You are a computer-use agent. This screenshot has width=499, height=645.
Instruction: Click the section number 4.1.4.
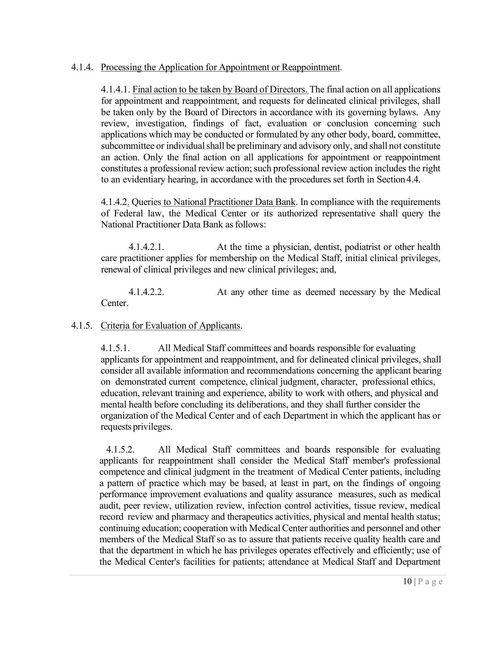pos(82,67)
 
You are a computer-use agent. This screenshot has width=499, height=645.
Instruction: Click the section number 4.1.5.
pos(82,326)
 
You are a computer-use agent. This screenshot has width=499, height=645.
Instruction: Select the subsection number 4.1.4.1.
pos(115,90)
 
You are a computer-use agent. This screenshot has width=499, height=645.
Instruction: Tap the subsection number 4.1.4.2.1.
pos(146,247)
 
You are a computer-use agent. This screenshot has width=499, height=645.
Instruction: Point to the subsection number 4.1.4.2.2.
pos(146,292)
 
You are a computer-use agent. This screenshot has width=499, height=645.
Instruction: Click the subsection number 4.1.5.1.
pos(115,348)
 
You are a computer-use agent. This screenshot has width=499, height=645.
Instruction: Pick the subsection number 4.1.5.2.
pos(120,449)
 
